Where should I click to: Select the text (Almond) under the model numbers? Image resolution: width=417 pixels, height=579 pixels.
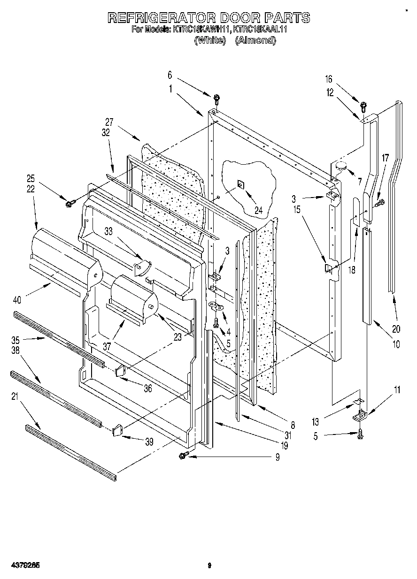click(x=255, y=40)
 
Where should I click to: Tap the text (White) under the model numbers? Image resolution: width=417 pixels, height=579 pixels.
click(x=208, y=40)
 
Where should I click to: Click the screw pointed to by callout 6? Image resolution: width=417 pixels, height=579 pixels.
click(x=216, y=99)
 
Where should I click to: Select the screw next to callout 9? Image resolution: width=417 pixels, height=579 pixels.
click(x=183, y=455)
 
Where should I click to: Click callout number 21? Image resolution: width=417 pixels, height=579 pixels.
click(x=15, y=396)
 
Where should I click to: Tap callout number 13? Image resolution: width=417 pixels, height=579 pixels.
click(x=316, y=422)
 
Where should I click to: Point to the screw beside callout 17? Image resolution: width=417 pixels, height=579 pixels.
click(x=378, y=203)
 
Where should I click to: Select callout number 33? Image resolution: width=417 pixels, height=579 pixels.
click(x=109, y=231)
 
